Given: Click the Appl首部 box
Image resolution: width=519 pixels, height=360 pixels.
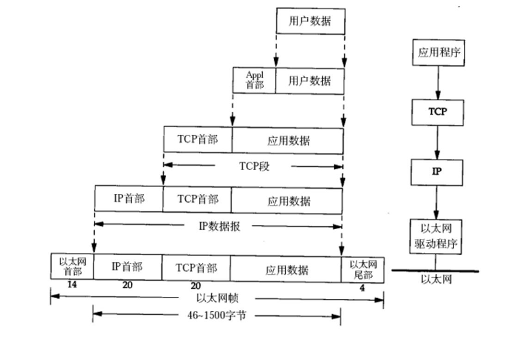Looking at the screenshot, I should point(254,80).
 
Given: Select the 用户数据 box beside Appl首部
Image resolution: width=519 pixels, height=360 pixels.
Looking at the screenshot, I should point(309,80).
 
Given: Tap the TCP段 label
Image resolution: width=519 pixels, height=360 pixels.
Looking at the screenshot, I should point(255,167).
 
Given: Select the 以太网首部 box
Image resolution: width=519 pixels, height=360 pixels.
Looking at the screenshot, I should point(72,267).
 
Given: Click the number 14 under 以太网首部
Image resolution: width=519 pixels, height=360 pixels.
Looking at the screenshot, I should point(72,285).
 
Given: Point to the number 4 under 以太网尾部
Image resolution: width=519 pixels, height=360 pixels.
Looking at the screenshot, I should point(362,286).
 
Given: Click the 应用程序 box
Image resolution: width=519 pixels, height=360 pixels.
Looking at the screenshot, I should point(439,53).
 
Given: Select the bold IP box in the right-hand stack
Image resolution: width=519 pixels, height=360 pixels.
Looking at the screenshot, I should point(438,172).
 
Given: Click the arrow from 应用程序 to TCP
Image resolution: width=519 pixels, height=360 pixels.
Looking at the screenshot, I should point(438,82).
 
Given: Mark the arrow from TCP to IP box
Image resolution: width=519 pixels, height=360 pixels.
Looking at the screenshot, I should point(438,141).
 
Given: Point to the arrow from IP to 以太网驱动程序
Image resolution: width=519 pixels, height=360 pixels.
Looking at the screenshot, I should point(438,203).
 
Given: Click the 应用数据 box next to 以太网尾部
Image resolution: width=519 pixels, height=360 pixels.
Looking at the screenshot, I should point(286,269).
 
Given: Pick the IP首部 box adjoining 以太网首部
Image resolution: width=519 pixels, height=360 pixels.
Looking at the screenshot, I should point(127,267).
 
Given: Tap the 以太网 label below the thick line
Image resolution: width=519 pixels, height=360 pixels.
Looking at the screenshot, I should point(436,280).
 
